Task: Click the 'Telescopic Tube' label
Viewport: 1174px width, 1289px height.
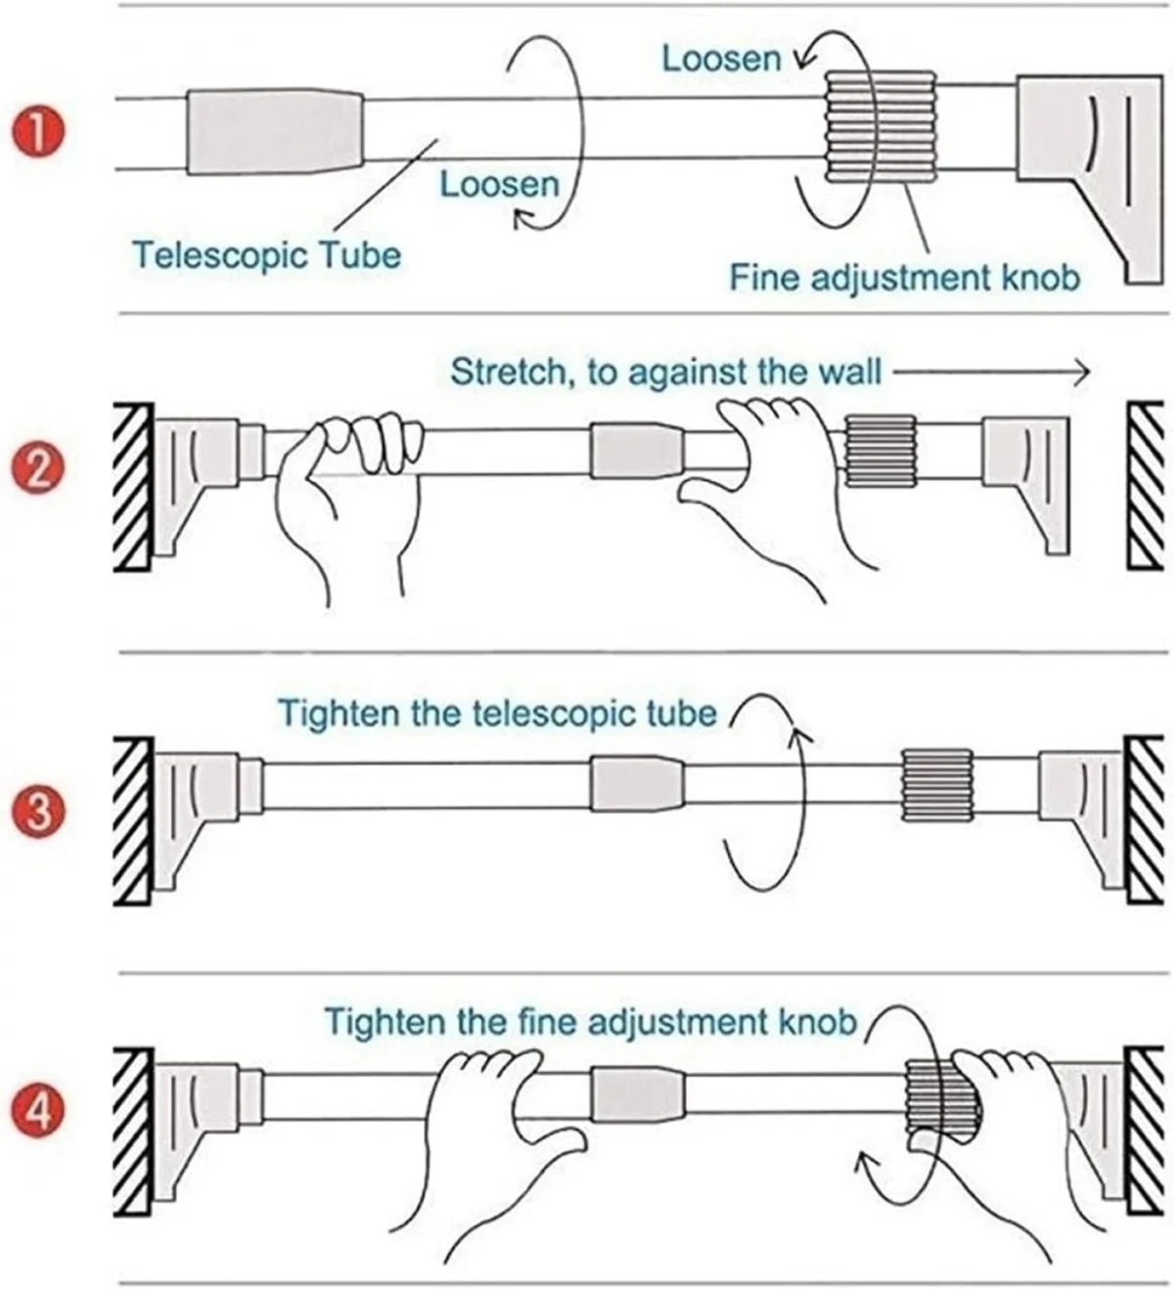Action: coord(267,255)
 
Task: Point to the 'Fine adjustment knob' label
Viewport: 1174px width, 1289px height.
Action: coord(904,278)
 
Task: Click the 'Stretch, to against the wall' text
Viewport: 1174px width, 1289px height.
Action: coord(665,372)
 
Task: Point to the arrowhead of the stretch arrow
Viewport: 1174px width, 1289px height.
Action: coord(1081,372)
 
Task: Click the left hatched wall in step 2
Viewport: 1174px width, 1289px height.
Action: coord(132,486)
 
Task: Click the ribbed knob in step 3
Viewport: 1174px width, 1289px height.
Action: coord(936,785)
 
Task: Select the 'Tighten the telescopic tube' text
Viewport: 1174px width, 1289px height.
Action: coord(498,713)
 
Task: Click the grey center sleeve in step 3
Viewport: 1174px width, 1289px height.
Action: coord(636,783)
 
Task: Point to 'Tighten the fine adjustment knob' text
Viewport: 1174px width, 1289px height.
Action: coord(590,1022)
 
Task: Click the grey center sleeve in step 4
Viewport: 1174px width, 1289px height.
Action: coord(636,1093)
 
